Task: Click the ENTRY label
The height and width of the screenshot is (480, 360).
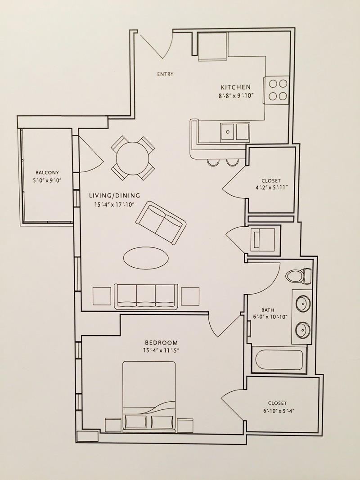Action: coord(165,74)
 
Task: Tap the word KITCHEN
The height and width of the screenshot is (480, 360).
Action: coord(235,87)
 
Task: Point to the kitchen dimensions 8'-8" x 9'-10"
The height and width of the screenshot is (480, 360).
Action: coord(235,95)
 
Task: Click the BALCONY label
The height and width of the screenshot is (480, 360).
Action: coord(47,172)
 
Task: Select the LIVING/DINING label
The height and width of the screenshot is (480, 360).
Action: coord(114,196)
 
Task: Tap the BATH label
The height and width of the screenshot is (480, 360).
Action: coord(268,310)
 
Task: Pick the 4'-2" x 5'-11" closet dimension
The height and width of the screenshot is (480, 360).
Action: coord(271,189)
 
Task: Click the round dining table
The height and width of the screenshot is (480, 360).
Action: coord(133,157)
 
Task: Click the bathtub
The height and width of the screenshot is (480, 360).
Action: coord(279,359)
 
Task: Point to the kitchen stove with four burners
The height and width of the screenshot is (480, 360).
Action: coord(276,90)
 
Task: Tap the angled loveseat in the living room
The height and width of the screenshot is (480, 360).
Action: coord(160,223)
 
